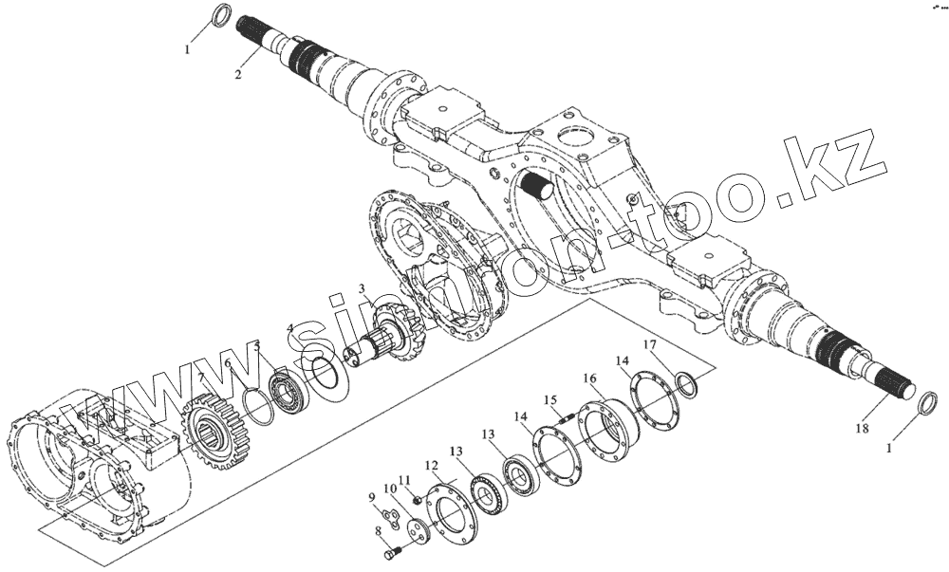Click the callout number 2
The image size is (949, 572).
point(238,74)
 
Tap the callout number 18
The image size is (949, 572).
point(862,430)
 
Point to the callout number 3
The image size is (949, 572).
point(362,288)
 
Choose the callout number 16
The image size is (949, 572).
point(589,378)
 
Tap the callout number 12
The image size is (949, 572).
point(431,466)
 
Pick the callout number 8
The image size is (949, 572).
point(379,532)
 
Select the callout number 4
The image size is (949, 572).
point(290,328)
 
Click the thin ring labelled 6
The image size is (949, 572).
point(255,406)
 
